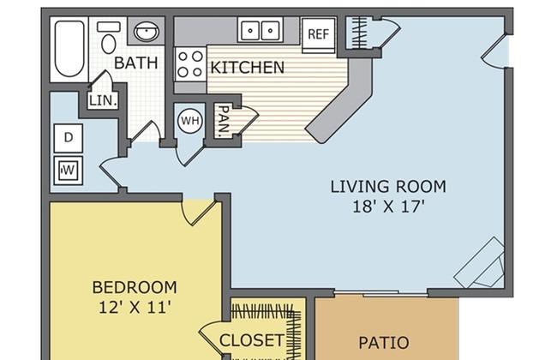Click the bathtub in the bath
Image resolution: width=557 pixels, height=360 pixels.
pyautogui.click(x=69, y=49)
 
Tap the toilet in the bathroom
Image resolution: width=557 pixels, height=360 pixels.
pyautogui.click(x=109, y=38)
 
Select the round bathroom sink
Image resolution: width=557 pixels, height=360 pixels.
pyautogui.click(x=146, y=31)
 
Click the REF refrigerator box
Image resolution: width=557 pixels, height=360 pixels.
pyautogui.click(x=319, y=35)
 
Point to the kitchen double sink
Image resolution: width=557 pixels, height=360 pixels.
pyautogui.click(x=260, y=31)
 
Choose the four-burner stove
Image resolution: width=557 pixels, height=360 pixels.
pyautogui.click(x=190, y=64)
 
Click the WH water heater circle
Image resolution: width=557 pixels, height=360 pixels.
pyautogui.click(x=190, y=121)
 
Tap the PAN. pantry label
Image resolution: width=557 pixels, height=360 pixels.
pyautogui.click(x=223, y=121)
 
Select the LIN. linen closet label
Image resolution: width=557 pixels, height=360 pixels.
pyautogui.click(x=103, y=100)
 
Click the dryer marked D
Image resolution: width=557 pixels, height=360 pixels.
pyautogui.click(x=69, y=138)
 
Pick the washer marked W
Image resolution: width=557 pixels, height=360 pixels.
pyautogui.click(x=69, y=171)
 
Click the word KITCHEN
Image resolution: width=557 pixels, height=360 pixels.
pyautogui.click(x=248, y=68)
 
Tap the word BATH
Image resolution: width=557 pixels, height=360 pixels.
pyautogui.click(x=136, y=63)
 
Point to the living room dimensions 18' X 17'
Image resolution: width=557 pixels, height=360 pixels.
pyautogui.click(x=389, y=207)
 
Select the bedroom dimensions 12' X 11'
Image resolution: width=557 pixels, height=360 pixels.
pyautogui.click(x=135, y=308)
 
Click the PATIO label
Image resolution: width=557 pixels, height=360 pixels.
pyautogui.click(x=384, y=343)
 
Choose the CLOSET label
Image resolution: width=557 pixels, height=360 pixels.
pyautogui.click(x=252, y=340)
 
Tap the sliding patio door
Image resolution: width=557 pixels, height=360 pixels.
pyautogui.click(x=380, y=293)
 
